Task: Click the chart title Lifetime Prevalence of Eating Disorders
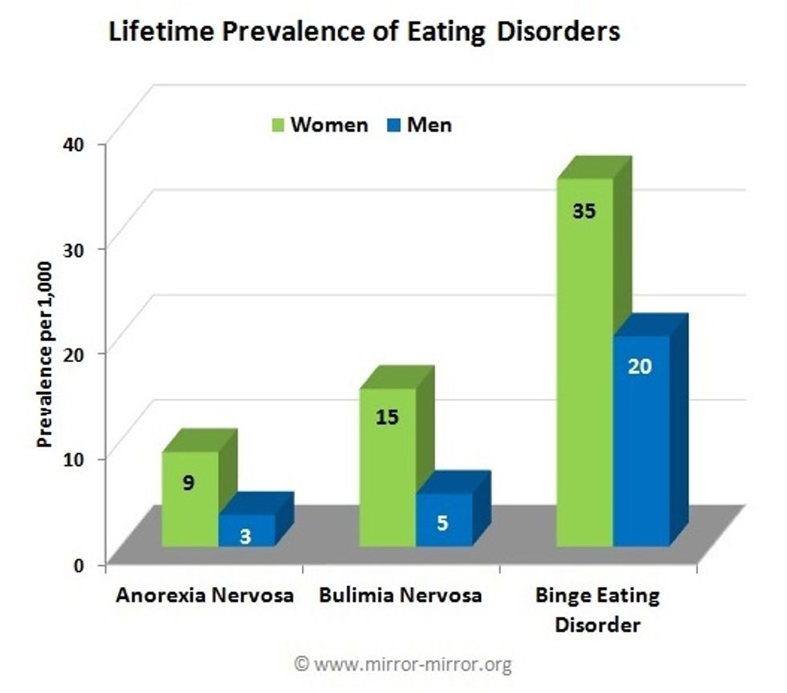click(364, 32)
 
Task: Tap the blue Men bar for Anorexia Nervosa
click(247, 531)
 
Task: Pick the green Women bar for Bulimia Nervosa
click(387, 466)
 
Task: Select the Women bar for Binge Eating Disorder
click(585, 361)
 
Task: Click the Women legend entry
click(320, 124)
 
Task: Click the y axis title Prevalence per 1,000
click(45, 354)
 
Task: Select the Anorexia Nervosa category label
click(204, 596)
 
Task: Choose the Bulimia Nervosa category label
click(400, 596)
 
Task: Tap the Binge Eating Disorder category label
click(597, 609)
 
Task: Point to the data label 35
click(585, 212)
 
